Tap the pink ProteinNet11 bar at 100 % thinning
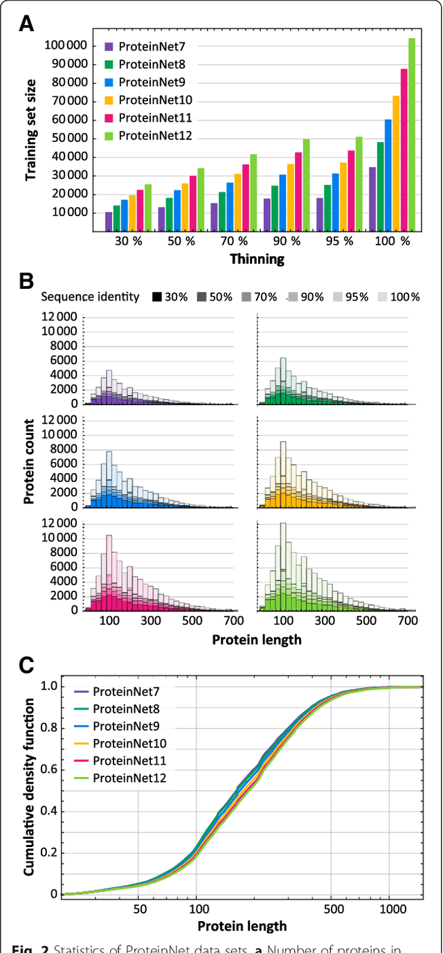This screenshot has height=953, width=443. (404, 149)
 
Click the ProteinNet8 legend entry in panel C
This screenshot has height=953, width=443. (123, 709)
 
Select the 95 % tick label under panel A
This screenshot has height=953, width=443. (338, 241)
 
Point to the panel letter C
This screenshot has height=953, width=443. (26, 665)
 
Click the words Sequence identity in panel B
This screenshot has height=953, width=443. (90, 297)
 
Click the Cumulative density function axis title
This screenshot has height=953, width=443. (29, 787)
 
